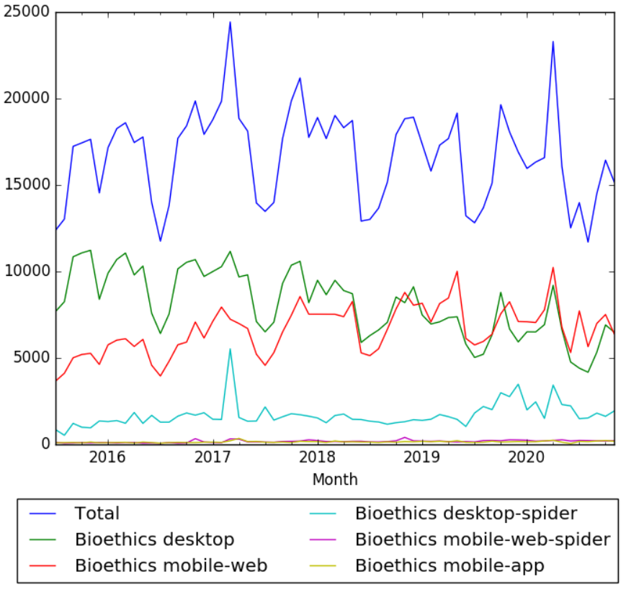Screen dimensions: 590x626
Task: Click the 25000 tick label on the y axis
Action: coord(25,12)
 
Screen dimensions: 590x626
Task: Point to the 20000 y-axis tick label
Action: coord(25,99)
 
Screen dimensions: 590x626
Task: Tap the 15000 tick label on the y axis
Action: coord(25,185)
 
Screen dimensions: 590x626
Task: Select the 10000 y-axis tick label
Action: coord(25,272)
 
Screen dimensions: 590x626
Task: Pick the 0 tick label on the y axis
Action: coord(44,444)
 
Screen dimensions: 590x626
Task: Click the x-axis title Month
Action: coord(335,478)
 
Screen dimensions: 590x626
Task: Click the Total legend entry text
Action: coord(97,514)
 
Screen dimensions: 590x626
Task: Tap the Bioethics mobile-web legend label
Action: coord(171,566)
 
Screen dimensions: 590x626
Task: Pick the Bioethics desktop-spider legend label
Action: coord(466,514)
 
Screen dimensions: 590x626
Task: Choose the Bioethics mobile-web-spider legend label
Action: coord(483,540)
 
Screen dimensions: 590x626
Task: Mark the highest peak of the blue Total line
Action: coord(230,22)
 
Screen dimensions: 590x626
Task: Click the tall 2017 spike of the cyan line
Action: coord(230,349)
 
